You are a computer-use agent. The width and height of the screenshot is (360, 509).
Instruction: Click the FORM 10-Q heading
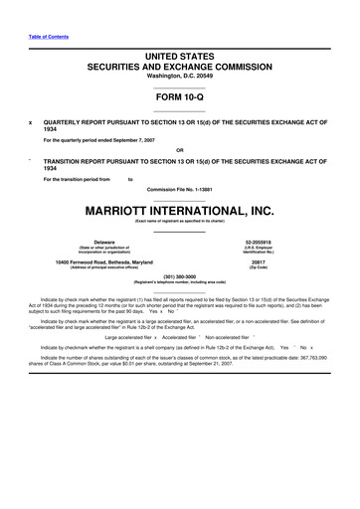[179, 97]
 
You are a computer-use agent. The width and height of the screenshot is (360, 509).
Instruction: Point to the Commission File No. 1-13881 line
[179, 188]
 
